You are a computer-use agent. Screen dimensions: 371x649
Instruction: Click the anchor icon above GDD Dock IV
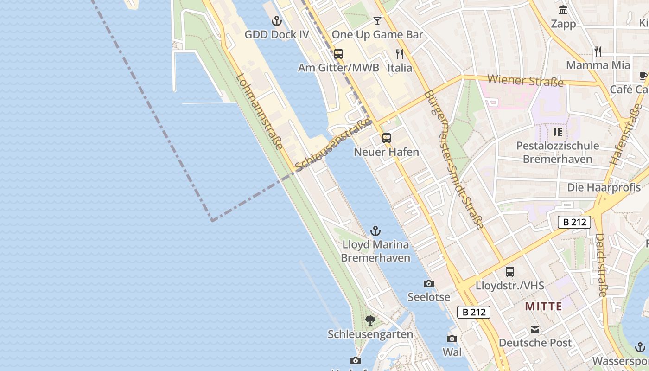pos(277,21)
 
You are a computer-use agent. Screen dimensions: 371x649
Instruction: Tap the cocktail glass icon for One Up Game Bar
pos(377,21)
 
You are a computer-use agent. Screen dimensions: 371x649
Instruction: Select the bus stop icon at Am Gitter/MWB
pos(338,54)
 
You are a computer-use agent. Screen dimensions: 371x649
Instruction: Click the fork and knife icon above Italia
pos(400,54)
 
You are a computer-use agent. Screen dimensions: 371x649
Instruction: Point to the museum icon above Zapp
pos(563,10)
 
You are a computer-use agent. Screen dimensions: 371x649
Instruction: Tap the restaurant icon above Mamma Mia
pos(598,51)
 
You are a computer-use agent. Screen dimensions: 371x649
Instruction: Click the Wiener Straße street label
pos(525,81)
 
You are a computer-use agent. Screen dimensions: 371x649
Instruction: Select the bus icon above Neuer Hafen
pos(387,138)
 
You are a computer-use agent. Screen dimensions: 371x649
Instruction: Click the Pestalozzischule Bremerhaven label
pos(558,152)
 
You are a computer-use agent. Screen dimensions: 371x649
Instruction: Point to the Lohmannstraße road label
pos(260,112)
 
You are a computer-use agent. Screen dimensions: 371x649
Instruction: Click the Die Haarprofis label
pos(604,187)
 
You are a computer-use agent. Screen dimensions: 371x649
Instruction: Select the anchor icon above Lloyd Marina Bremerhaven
pos(375,230)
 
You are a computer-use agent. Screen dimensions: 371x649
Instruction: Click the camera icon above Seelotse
pos(429,283)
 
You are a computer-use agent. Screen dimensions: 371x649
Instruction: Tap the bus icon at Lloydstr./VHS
pos(510,272)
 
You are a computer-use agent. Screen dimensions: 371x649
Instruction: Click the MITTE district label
pos(544,307)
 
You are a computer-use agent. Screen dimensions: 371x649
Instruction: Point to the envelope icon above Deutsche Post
pos(535,330)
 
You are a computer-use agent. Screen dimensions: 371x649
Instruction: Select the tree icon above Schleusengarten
pos(370,320)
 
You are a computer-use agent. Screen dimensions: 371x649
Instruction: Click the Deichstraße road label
pos(601,265)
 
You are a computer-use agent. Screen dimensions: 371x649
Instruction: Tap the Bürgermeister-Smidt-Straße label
pos(454,160)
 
